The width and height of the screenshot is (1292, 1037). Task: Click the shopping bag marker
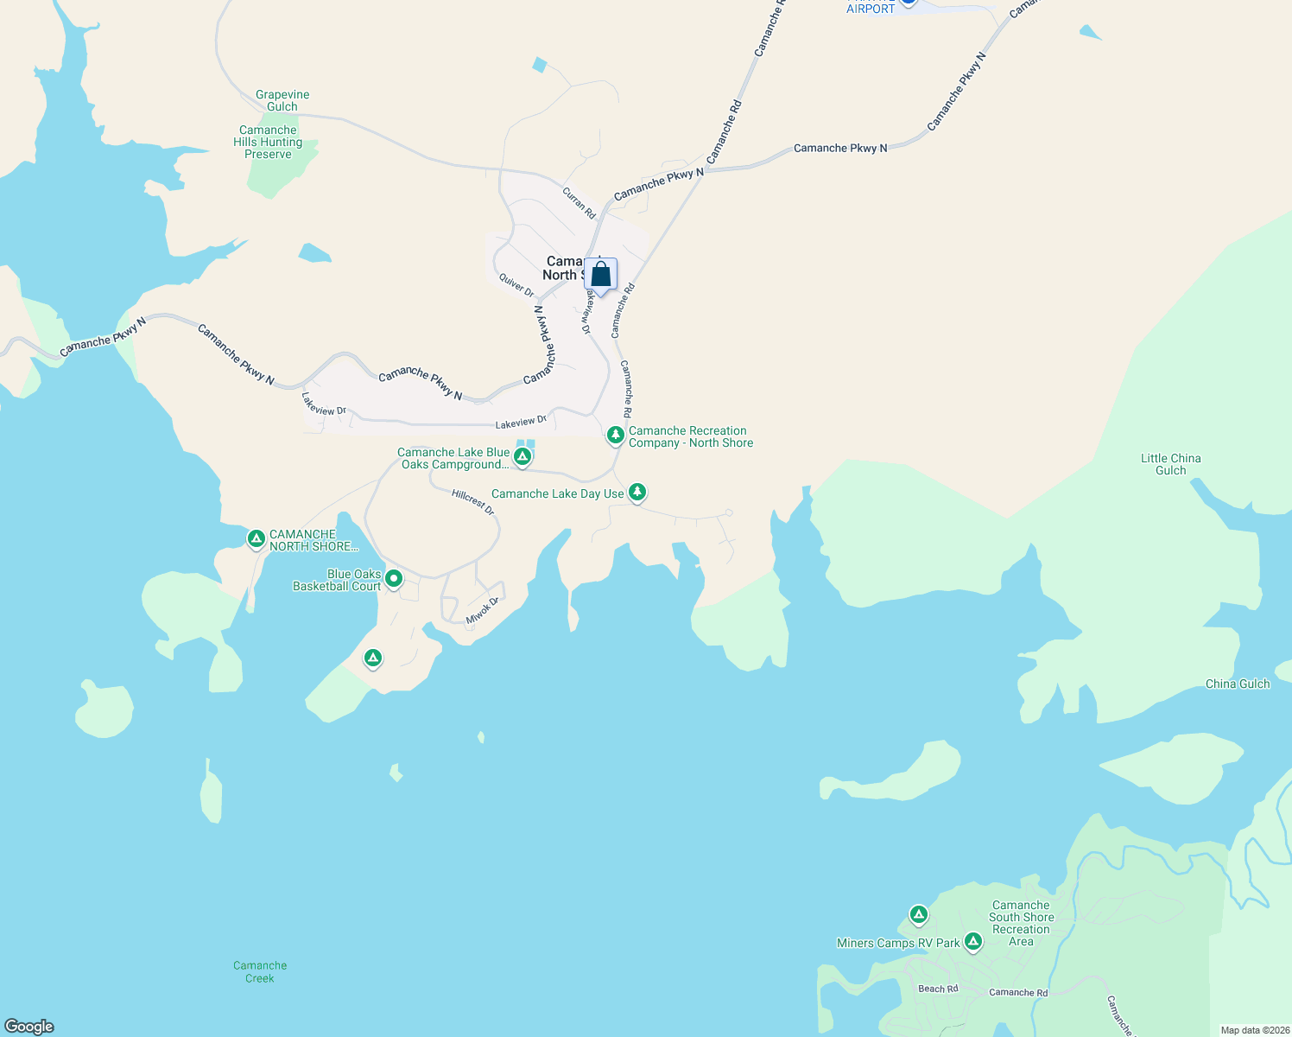coord(600,275)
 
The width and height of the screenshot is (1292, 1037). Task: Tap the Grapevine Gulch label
coord(282,101)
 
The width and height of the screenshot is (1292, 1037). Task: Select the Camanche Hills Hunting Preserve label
coord(268,143)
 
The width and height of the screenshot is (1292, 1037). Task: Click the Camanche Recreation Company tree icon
coord(616,435)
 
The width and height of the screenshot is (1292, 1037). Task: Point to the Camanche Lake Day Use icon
coord(637,492)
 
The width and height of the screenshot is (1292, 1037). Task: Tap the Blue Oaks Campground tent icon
coord(522,456)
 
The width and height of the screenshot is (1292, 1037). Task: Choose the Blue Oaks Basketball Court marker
coord(394,578)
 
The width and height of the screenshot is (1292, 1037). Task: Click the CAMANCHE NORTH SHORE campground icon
coord(256,538)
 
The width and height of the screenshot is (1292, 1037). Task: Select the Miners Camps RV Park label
coord(898,943)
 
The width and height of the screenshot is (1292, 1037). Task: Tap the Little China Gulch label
coord(1170,464)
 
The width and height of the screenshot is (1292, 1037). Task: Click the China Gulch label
coord(1238,684)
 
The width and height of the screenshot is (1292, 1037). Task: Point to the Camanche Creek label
coord(260,972)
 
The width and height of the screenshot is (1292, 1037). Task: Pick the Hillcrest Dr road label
coord(473,502)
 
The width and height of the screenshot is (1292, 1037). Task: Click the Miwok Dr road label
coord(483,610)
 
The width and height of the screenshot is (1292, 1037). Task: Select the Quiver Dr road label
coord(516,286)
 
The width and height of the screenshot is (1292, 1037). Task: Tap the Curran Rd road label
coord(579,203)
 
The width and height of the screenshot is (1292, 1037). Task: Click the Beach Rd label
coord(938,989)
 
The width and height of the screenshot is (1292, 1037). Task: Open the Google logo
coord(29,1027)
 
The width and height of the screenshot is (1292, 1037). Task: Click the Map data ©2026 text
coord(1254,1030)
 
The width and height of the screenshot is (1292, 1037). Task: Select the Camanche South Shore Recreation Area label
coord(1021,924)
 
